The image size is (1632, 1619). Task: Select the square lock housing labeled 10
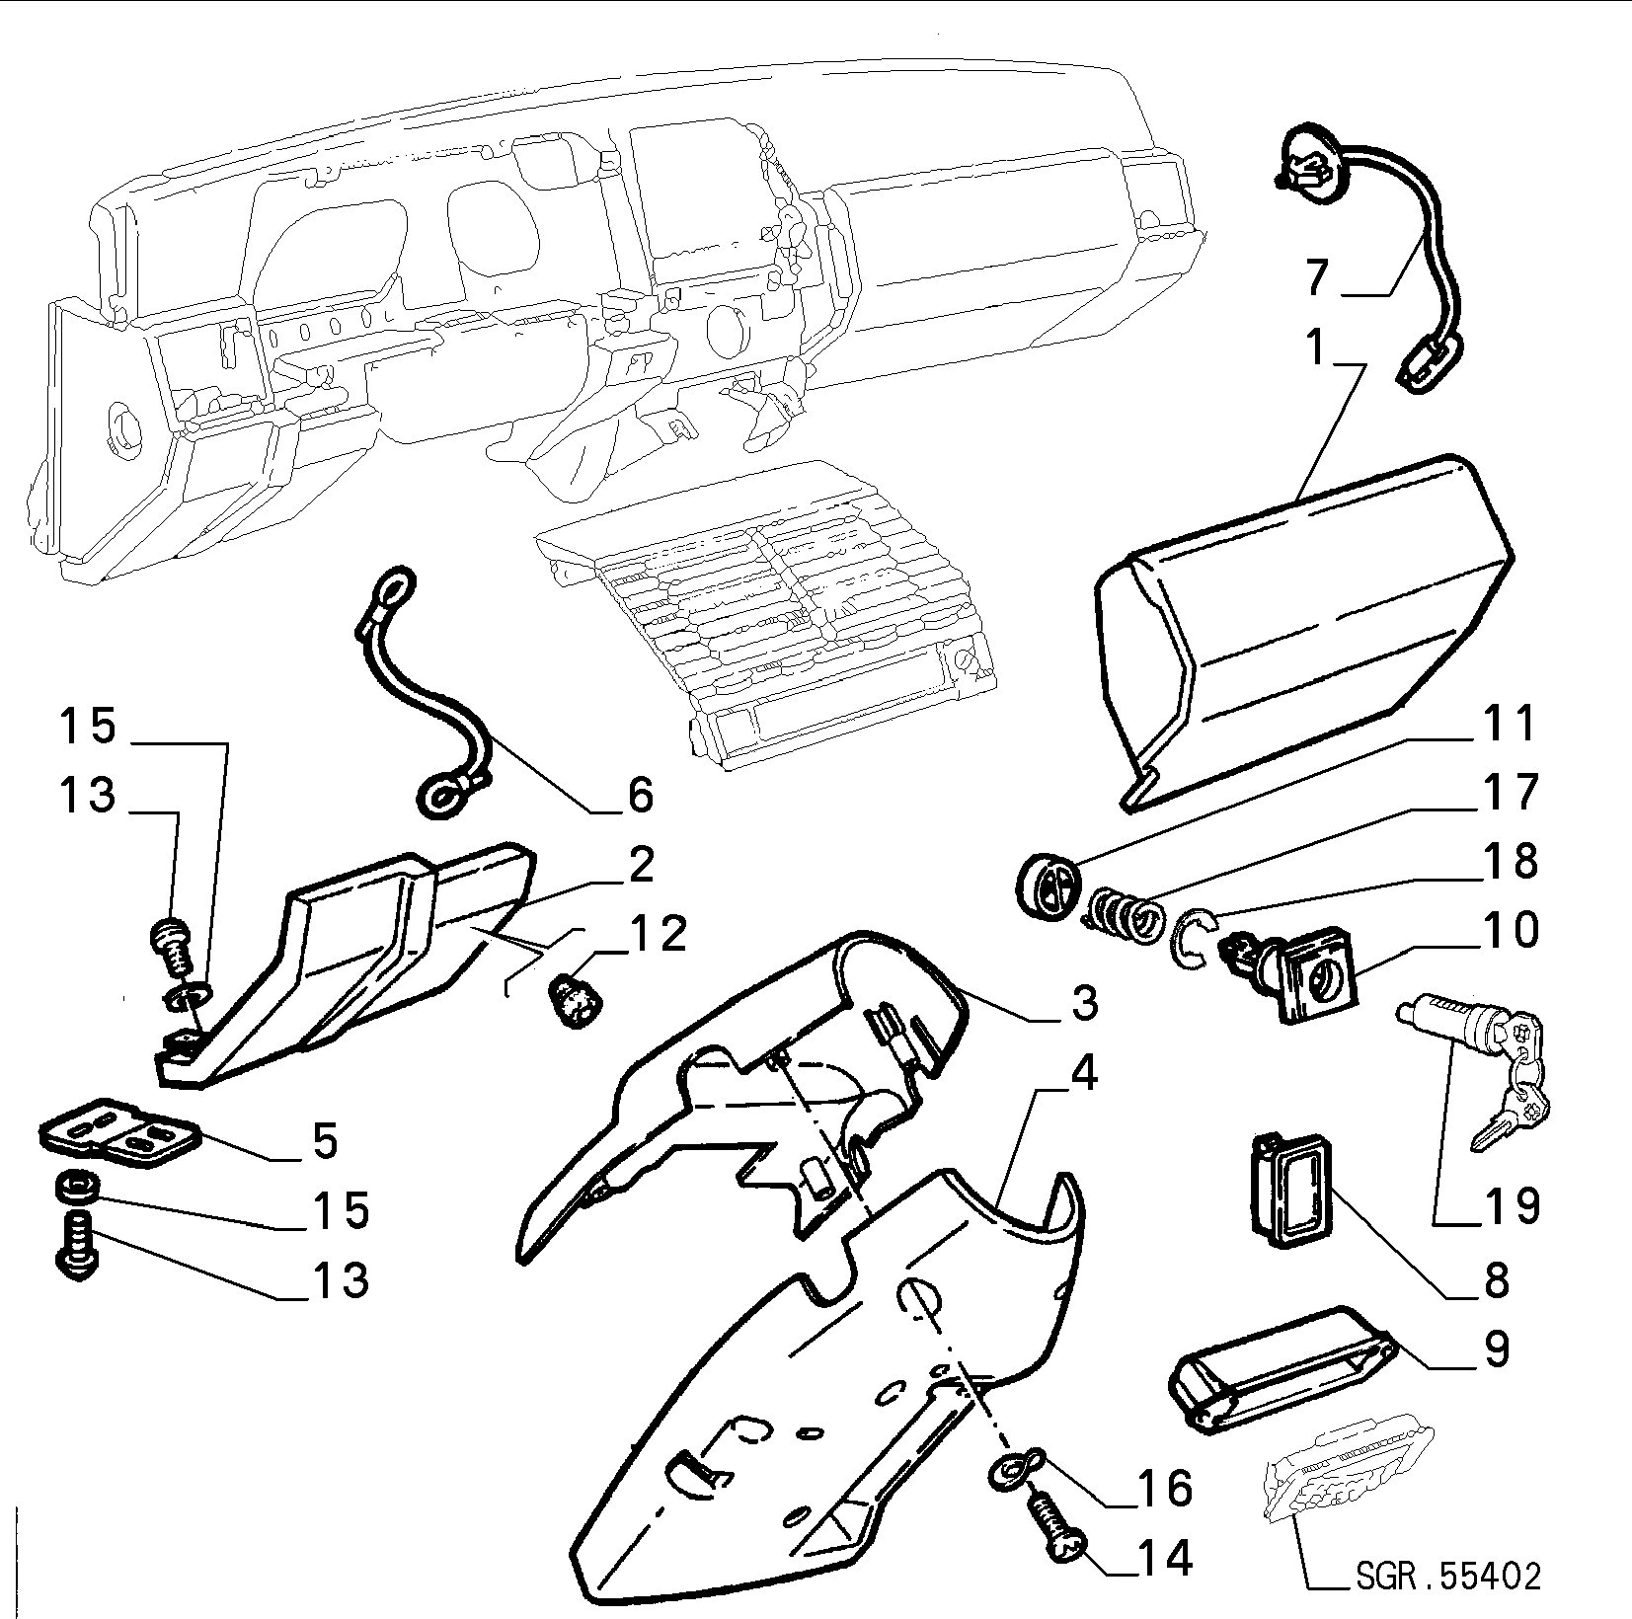1305,973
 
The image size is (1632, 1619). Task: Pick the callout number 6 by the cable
640,795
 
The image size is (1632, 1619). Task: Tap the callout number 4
1083,1075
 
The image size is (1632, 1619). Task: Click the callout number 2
641,866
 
